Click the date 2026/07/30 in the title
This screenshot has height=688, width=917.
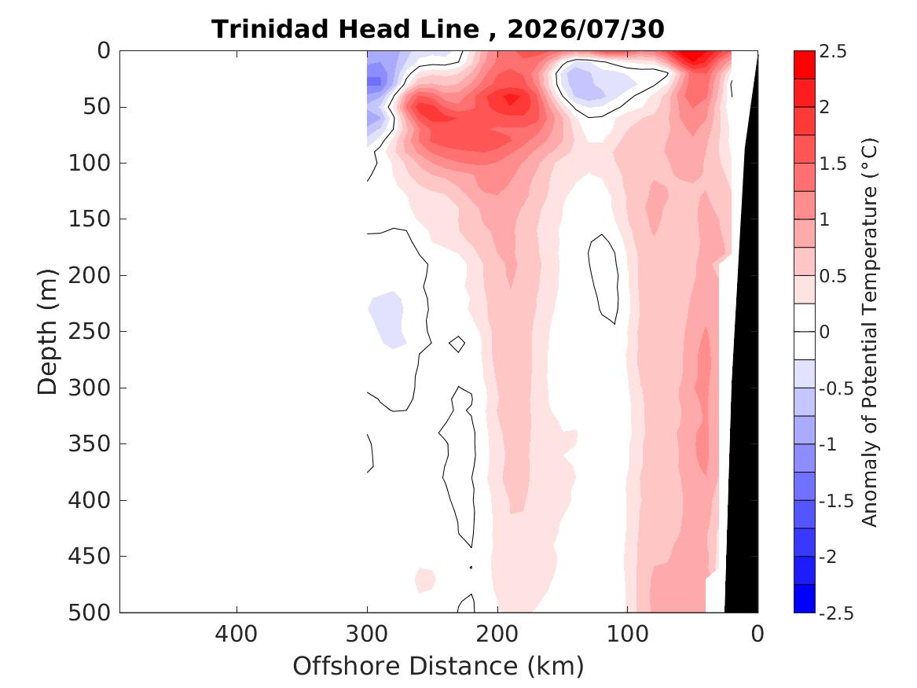click(585, 28)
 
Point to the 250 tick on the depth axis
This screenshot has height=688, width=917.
click(89, 331)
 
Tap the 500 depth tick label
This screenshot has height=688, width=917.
click(89, 613)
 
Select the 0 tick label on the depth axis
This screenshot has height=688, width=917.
click(104, 51)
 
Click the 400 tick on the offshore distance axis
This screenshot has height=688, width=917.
click(237, 634)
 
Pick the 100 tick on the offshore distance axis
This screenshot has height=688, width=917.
click(628, 634)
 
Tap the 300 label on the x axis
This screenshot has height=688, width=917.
click(367, 634)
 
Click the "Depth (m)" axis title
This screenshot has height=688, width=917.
click(47, 332)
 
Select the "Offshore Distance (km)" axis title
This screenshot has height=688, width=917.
click(438, 666)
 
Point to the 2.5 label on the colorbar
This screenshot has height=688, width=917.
click(833, 51)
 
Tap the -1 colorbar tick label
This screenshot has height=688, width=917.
click(827, 444)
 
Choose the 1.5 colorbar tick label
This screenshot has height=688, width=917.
click(833, 164)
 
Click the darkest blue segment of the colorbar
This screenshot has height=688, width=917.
click(804, 598)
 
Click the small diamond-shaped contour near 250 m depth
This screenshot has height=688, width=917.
click(457, 344)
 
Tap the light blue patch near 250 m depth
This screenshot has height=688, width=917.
click(387, 319)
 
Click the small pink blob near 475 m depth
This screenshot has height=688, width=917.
click(425, 579)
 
